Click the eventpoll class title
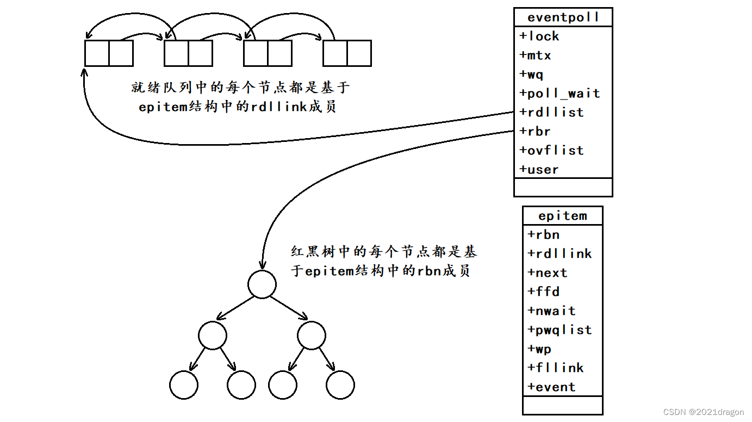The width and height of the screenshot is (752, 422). click(x=563, y=17)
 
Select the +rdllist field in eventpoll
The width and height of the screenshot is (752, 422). click(x=551, y=113)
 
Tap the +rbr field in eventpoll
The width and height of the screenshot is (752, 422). click(x=535, y=132)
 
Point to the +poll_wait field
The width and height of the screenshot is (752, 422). click(x=560, y=94)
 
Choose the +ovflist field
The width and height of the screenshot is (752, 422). click(x=551, y=151)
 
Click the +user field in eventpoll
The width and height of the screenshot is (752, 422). click(x=539, y=170)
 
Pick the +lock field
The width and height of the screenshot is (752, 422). click(x=539, y=36)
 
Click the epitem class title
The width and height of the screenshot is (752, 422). click(x=563, y=216)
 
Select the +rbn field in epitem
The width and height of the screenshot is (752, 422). click(x=543, y=235)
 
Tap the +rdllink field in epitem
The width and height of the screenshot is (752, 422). click(x=560, y=254)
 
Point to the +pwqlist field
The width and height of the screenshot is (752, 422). click(x=560, y=330)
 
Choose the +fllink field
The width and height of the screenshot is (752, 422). click(x=555, y=368)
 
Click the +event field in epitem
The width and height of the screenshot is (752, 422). click(x=551, y=387)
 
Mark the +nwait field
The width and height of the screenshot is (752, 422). click(x=551, y=311)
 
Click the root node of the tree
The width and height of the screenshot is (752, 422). click(x=262, y=284)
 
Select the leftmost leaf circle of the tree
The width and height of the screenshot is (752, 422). click(x=184, y=386)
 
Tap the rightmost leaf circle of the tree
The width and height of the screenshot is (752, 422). click(x=340, y=386)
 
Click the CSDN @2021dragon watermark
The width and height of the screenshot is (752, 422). click(x=704, y=412)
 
